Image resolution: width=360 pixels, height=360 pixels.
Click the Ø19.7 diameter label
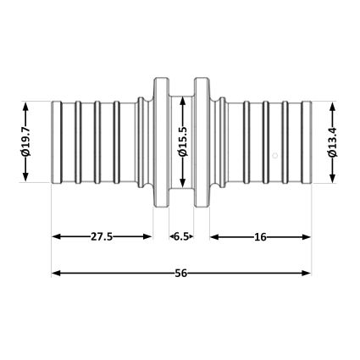(25, 141)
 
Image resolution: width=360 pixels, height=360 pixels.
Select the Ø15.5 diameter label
(183, 141)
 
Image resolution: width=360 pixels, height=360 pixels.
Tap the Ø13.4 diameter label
(333, 142)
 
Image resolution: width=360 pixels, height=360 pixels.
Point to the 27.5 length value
(102, 236)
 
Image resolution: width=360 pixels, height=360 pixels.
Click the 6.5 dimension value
(181, 236)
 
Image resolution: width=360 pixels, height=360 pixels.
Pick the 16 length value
(260, 237)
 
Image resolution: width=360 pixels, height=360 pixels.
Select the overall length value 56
(181, 273)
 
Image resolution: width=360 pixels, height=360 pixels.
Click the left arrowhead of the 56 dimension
(57, 273)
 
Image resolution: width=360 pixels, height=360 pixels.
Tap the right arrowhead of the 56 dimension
(306, 273)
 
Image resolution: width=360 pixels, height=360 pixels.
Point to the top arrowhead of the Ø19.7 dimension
(25, 107)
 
